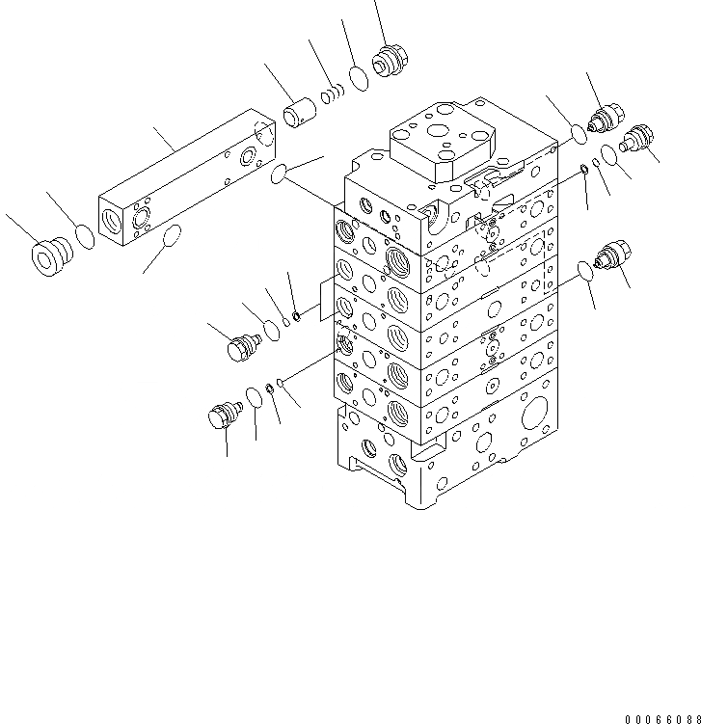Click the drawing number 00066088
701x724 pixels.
[661, 718]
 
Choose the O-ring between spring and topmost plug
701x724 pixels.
[358, 77]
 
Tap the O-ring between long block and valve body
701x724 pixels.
[279, 174]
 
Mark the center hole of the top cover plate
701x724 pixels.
[439, 132]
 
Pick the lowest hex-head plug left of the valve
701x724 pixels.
[223, 416]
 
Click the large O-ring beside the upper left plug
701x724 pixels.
[272, 330]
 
